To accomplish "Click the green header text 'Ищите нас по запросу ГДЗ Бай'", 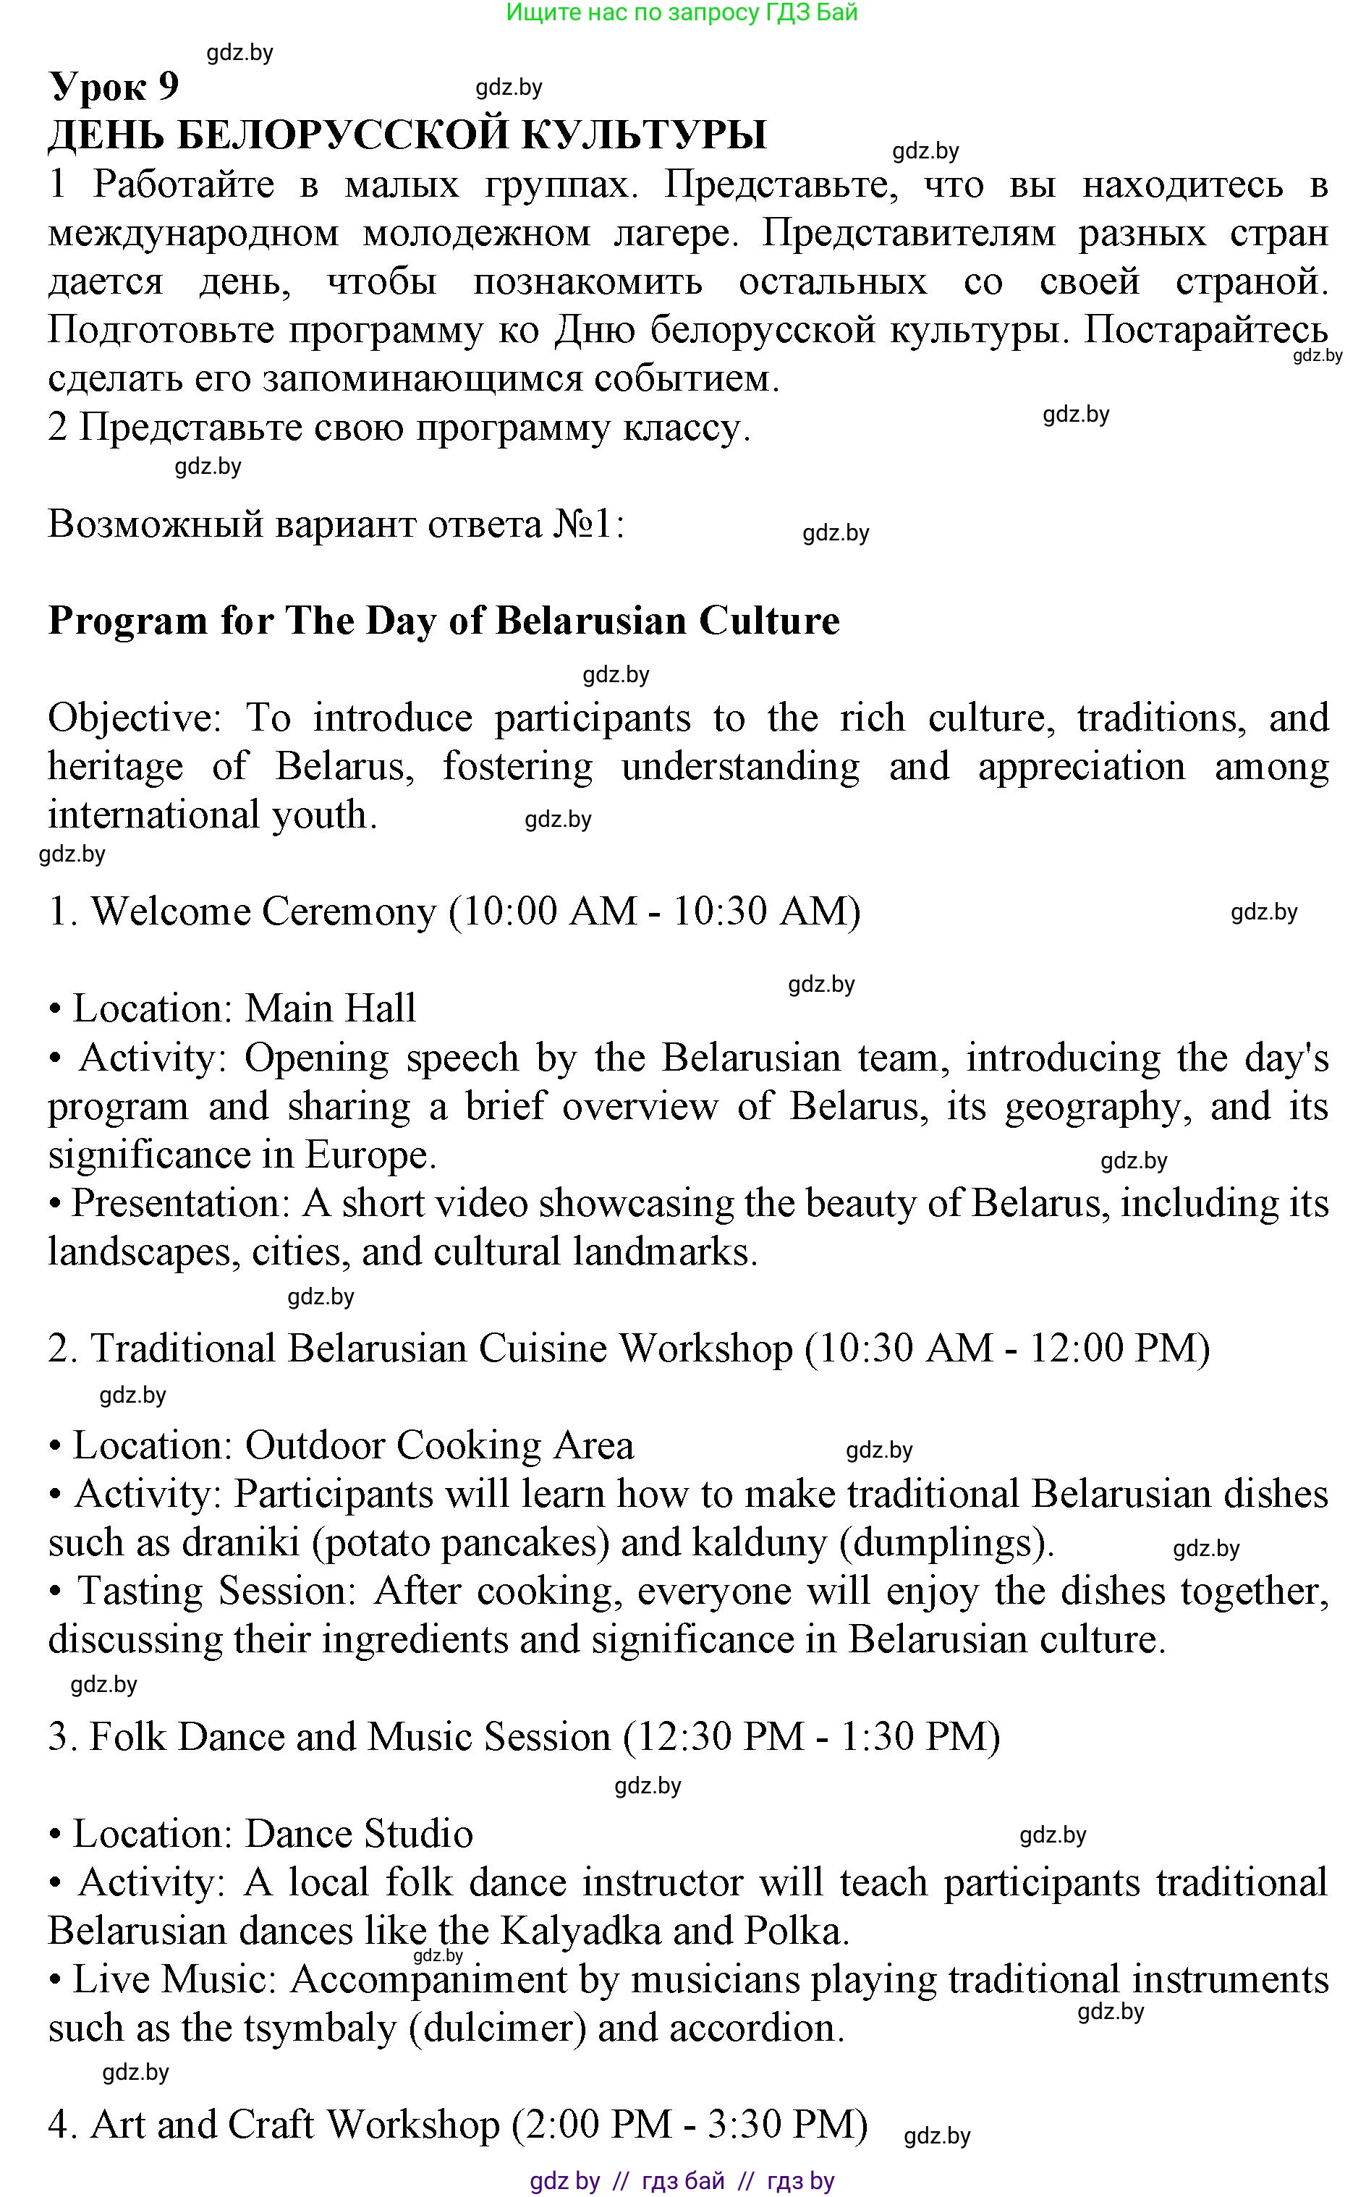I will coord(682,12).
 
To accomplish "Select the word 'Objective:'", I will coord(135,718).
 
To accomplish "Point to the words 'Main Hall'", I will coord(330,1009).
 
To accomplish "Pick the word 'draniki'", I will coord(240,1543).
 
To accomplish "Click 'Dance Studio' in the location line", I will coord(359,1835).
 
